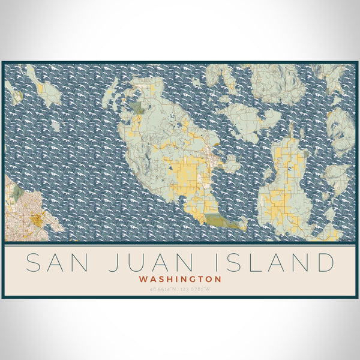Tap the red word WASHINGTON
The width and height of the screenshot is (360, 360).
179,279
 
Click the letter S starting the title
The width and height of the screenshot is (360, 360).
35,263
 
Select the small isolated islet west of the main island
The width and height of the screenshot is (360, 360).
55,126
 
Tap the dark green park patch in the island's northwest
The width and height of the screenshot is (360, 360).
139,108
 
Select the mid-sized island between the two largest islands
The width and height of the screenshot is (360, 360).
246,117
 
